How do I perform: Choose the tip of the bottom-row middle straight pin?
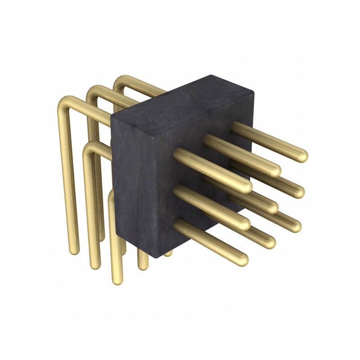click(x=270, y=243)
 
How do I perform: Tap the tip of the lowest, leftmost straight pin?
click(x=243, y=260)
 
